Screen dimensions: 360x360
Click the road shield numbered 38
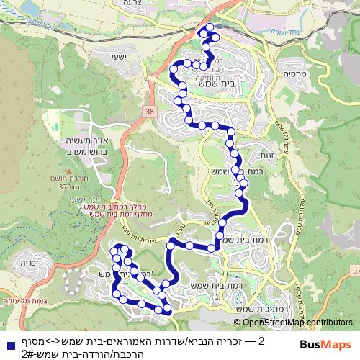[x=149, y=112]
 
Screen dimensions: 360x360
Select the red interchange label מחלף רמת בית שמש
[x=97, y=209]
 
